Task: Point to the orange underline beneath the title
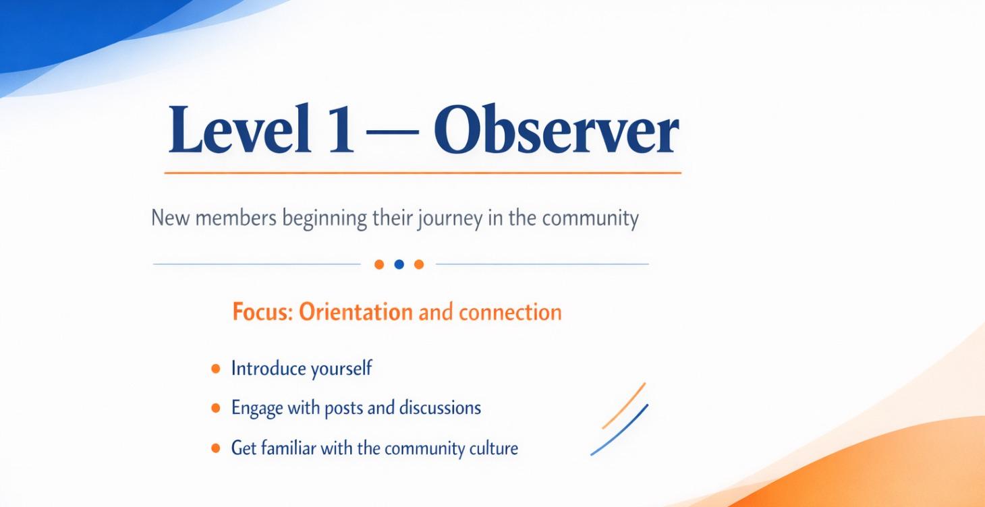422,173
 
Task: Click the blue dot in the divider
399,264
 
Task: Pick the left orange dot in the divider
379,264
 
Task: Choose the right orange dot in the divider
419,264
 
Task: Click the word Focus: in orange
262,313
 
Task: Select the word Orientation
356,313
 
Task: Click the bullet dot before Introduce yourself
216,369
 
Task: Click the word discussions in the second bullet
440,408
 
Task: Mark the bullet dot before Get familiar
216,448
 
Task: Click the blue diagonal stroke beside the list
619,429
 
